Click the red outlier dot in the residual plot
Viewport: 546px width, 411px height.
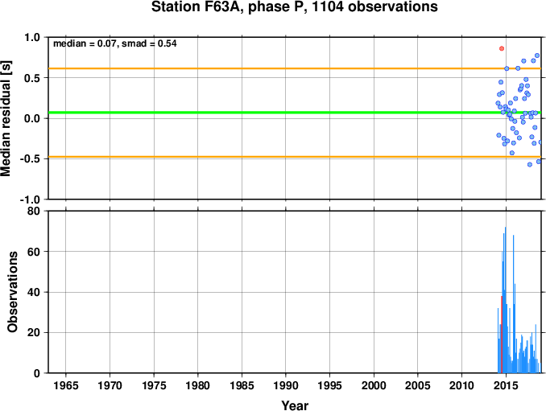(x=502, y=49)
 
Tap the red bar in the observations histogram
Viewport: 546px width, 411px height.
(x=502, y=334)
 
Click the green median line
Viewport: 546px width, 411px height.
(x=295, y=113)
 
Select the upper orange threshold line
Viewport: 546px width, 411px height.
(x=295, y=68)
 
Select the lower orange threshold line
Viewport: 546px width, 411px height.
(x=295, y=157)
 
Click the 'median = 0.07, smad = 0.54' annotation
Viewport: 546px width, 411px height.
(x=115, y=43)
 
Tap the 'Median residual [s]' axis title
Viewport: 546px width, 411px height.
(x=6, y=118)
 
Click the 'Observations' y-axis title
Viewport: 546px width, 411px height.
(x=12, y=292)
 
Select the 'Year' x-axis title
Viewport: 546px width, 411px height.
(x=295, y=405)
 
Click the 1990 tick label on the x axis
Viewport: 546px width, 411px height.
(x=286, y=385)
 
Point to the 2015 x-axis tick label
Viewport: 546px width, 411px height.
(x=506, y=385)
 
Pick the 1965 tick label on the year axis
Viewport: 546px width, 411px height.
(x=66, y=385)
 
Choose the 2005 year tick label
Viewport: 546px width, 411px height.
(x=418, y=385)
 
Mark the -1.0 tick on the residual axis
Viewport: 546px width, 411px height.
(x=31, y=199)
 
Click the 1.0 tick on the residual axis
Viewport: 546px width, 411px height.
(x=32, y=37)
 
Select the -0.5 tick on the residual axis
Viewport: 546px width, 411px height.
(x=31, y=159)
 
